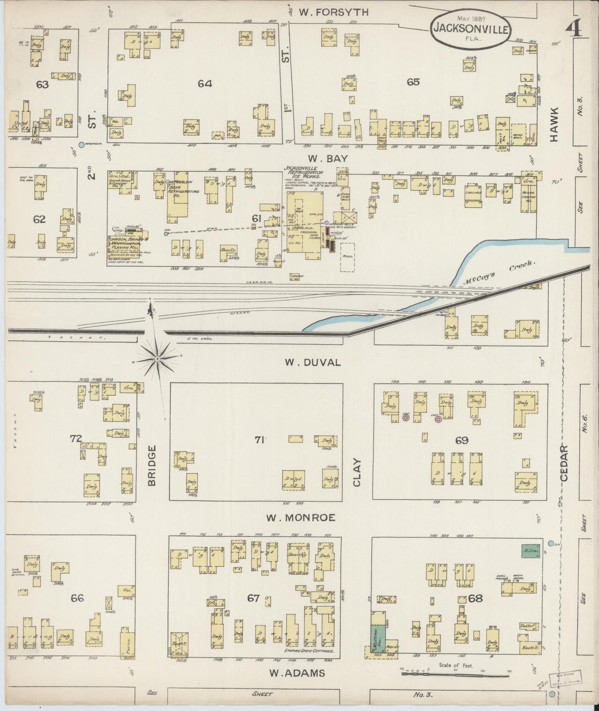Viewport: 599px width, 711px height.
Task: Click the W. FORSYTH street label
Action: (334, 12)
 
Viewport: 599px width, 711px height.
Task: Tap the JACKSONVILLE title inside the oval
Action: (470, 29)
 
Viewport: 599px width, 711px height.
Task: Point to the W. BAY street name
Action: (327, 158)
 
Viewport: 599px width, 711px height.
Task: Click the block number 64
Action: (205, 83)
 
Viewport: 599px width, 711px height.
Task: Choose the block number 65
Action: (413, 82)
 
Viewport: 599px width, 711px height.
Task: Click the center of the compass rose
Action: (158, 358)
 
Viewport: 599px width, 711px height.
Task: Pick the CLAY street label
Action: (357, 472)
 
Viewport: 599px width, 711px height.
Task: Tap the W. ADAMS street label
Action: (297, 673)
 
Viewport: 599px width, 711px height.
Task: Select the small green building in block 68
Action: (530, 550)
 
